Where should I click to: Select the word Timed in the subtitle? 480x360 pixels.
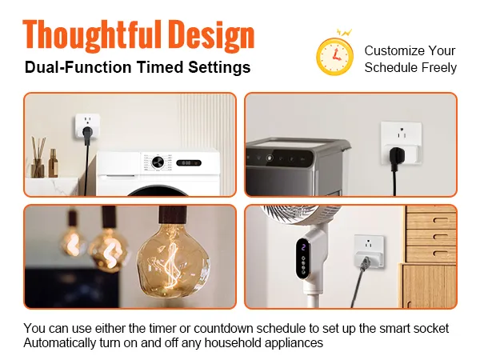[x=165, y=67]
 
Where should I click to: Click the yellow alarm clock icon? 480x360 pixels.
[x=335, y=55]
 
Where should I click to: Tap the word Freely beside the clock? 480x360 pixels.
[x=438, y=67]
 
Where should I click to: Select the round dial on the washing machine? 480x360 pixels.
[x=157, y=162]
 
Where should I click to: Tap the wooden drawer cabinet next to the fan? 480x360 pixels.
[x=430, y=256]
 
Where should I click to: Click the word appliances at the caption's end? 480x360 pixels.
[x=294, y=343]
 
